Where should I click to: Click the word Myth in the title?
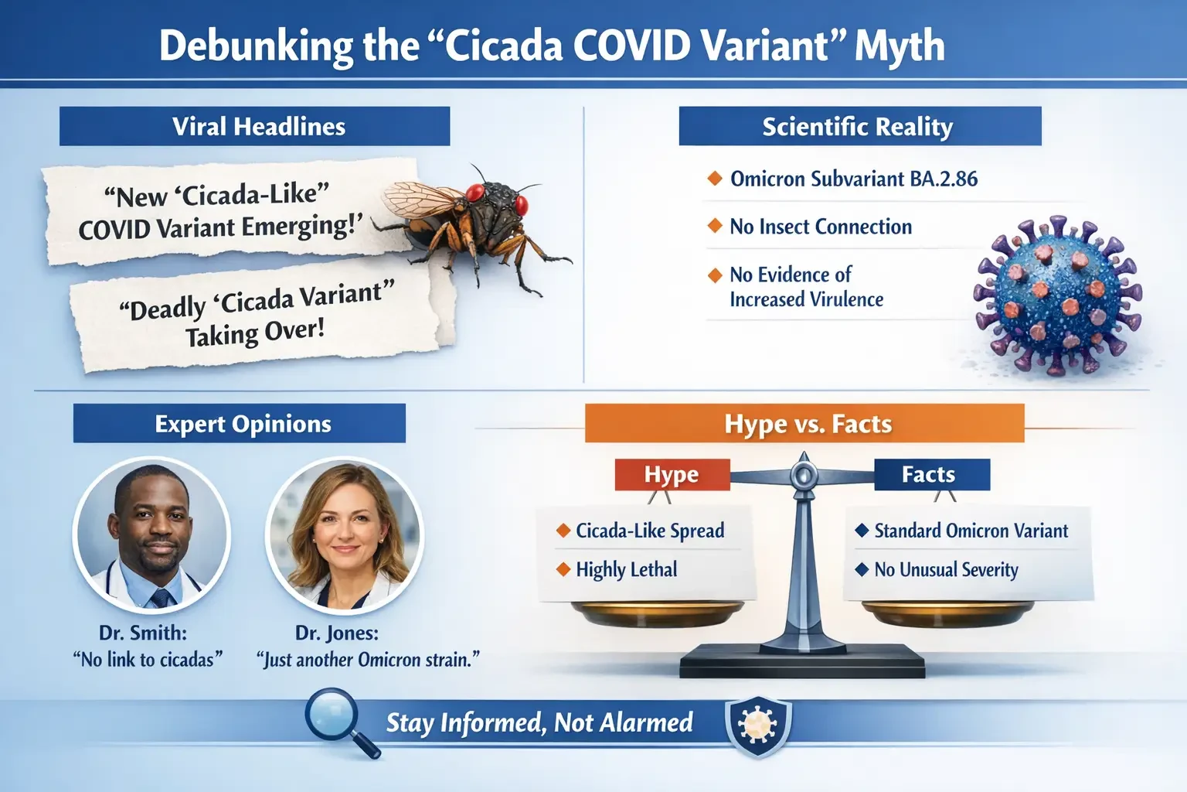click(x=899, y=46)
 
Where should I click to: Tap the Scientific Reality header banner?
click(x=859, y=127)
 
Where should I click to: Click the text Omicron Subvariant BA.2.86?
click(x=853, y=179)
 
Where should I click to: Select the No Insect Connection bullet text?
click(x=820, y=227)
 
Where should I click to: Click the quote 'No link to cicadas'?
click(x=148, y=660)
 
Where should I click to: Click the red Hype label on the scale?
click(x=672, y=475)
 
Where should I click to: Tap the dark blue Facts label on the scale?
click(x=930, y=475)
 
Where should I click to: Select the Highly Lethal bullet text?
click(x=626, y=570)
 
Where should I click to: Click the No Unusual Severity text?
click(x=945, y=570)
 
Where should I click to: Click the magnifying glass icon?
click(x=337, y=719)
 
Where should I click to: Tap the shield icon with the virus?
click(x=757, y=725)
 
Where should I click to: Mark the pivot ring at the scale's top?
click(x=803, y=475)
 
